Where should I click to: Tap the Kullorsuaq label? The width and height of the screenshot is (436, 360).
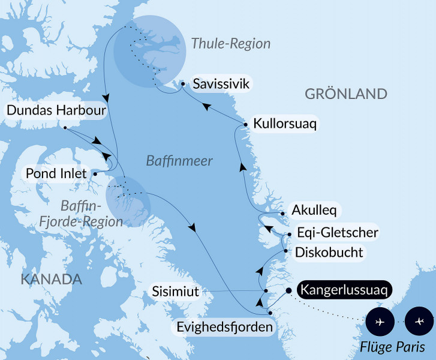285,124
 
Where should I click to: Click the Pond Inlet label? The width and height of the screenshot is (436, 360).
52,173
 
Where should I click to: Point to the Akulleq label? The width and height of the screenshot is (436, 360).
314,211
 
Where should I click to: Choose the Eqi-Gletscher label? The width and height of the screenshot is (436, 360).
332,232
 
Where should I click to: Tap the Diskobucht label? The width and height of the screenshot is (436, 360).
329,252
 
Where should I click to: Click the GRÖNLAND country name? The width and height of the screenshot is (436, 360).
346,94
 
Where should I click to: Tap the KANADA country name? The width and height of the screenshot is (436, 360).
51,279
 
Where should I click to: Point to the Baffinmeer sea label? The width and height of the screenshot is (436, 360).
172,160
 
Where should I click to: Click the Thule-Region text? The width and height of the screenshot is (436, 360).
231,44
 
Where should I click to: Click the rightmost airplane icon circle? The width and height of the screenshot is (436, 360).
419,322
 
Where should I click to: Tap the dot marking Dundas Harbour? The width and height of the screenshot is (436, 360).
64,127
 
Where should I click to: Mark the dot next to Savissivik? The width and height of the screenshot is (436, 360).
184,84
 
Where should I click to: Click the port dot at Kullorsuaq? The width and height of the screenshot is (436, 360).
245,124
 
